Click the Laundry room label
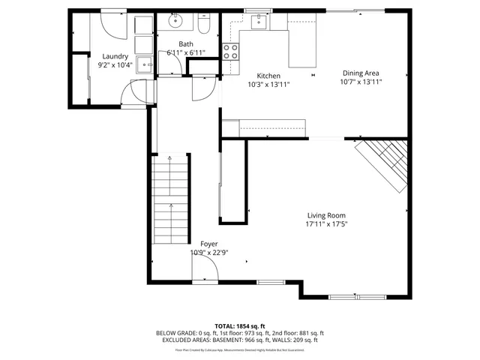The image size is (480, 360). (115, 56)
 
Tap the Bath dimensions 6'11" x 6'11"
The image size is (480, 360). (186, 53)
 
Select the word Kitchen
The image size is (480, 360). (268, 76)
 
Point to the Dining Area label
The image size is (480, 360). (361, 73)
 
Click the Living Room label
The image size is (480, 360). (326, 215)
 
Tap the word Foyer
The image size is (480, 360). (209, 244)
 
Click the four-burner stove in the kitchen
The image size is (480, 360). (231, 51)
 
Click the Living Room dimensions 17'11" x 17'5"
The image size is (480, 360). (326, 224)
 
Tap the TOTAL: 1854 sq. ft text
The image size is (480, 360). (240, 325)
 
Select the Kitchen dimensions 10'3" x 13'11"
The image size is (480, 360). (268, 85)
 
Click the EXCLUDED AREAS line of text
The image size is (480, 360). (240, 340)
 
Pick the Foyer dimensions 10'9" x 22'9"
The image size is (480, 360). (209, 253)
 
